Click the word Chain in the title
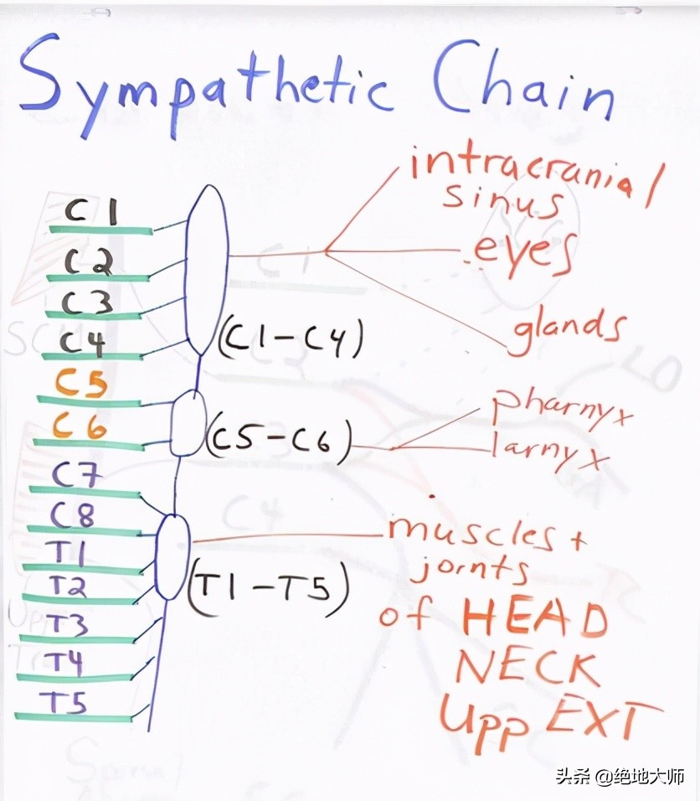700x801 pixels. tap(523, 82)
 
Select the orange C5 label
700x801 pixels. tap(82, 383)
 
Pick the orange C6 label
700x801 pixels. tap(80, 425)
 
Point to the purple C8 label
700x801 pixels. tap(73, 514)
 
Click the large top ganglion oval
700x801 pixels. tap(206, 269)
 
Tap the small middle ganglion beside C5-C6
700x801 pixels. tap(188, 422)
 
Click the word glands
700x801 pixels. tap(568, 331)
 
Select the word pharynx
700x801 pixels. tap(562, 409)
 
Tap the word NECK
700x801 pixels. tap(527, 667)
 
